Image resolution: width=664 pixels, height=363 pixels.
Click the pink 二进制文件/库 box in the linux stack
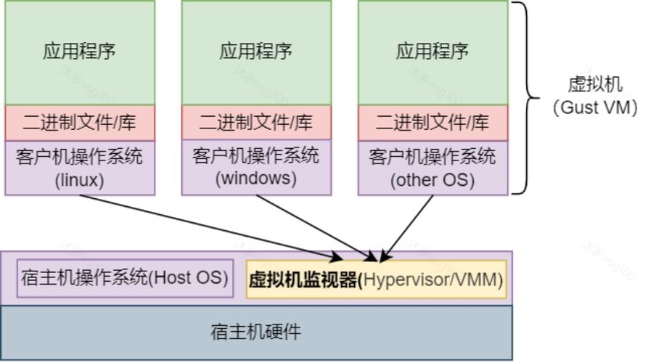coord(80,123)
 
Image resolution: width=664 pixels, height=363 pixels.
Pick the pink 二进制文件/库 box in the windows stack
coord(256,123)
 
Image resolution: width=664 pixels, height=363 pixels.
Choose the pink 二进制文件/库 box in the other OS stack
coord(433,123)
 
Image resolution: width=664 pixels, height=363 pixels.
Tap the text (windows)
coord(256,179)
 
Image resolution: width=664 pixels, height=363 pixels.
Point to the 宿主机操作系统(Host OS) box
coord(125,278)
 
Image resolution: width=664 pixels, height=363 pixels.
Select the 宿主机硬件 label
coord(255,332)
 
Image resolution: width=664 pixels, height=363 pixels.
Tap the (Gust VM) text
coord(595,107)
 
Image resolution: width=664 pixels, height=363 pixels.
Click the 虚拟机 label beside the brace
coord(595,84)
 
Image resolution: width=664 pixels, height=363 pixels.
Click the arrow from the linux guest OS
coord(210,227)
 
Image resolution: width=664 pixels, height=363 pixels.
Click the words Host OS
coord(192,278)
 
